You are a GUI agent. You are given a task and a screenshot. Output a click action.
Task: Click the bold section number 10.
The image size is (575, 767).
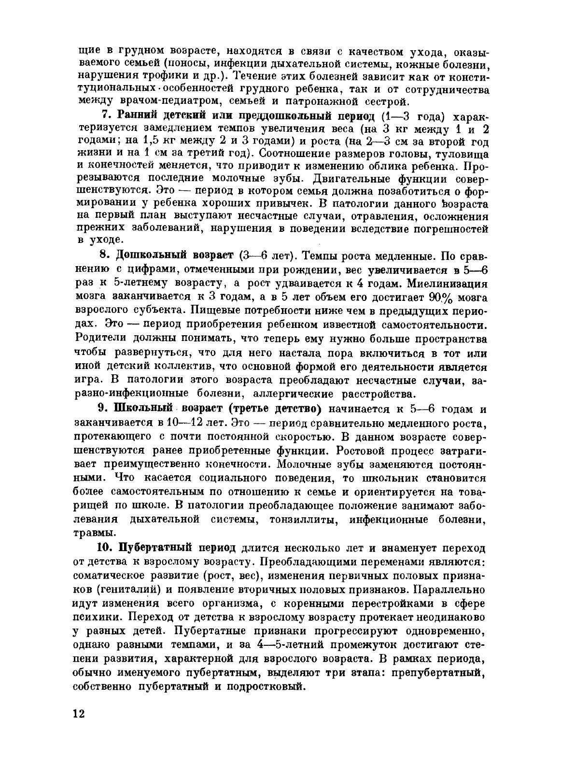pyautogui.click(x=105, y=548)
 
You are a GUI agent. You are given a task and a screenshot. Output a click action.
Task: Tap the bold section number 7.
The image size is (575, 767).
pyautogui.click(x=107, y=116)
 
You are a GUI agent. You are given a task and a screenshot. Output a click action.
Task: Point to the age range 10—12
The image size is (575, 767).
pyautogui.click(x=183, y=423)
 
